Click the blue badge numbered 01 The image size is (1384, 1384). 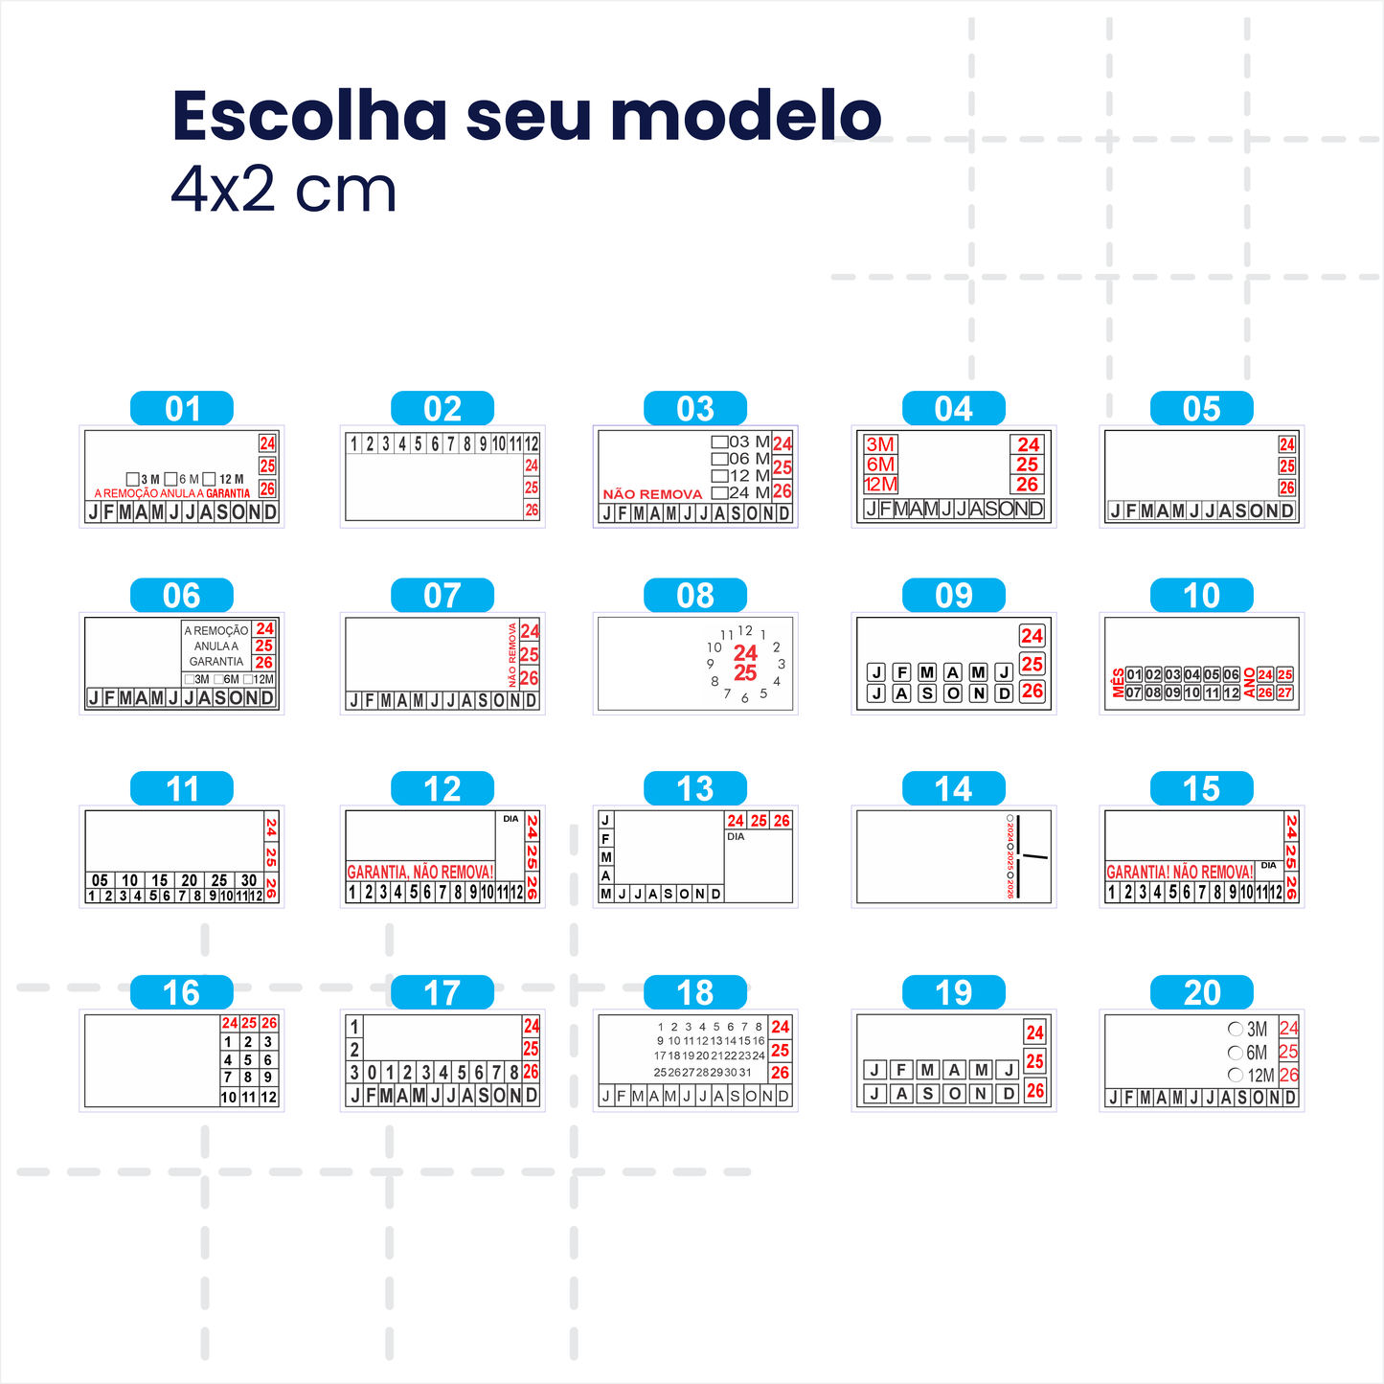point(182,409)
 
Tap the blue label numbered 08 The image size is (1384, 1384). point(695,596)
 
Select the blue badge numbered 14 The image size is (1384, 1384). point(954,789)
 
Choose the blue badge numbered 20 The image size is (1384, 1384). point(1202,993)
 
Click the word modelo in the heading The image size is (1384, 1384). point(746,116)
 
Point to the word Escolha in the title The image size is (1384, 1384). point(309,116)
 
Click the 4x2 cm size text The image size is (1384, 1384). point(284,190)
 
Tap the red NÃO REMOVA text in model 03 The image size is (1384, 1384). point(652,494)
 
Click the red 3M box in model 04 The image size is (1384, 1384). point(880,444)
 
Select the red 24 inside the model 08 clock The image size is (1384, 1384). point(745,652)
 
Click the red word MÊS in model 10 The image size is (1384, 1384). point(1118,683)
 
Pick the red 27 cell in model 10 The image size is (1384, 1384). point(1284,692)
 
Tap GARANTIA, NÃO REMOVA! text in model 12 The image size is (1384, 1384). point(420,872)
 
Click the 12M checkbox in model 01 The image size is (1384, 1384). point(209,479)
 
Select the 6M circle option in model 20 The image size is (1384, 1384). point(1236,1053)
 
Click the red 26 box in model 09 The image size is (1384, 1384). point(1032,691)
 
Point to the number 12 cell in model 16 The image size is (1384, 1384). point(268,1098)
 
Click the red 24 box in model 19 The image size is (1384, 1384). point(1034,1032)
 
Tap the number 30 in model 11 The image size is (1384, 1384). point(249,880)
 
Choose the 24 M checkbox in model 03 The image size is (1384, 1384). point(719,492)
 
